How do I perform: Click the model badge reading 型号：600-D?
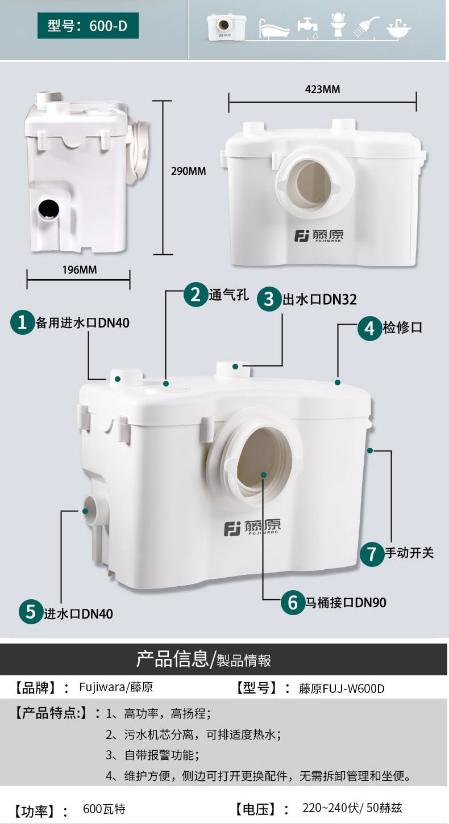[x=88, y=26]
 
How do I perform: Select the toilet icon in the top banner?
[x=338, y=24]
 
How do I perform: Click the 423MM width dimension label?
[x=323, y=90]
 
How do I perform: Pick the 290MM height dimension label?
[x=188, y=171]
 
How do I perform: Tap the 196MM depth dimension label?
[x=80, y=270]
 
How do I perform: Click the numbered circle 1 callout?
[x=22, y=322]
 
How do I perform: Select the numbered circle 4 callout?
[x=369, y=328]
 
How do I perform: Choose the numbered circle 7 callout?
[x=372, y=554]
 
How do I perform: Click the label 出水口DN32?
[x=320, y=300]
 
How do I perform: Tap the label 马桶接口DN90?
[x=346, y=603]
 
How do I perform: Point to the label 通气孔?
[x=228, y=295]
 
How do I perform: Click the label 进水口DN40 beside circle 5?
[x=78, y=613]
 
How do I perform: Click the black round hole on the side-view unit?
[x=48, y=210]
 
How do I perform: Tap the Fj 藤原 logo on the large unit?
[x=252, y=528]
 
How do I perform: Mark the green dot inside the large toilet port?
[x=263, y=475]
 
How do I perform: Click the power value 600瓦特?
[x=104, y=809]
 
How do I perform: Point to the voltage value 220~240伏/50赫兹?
[x=352, y=808]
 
